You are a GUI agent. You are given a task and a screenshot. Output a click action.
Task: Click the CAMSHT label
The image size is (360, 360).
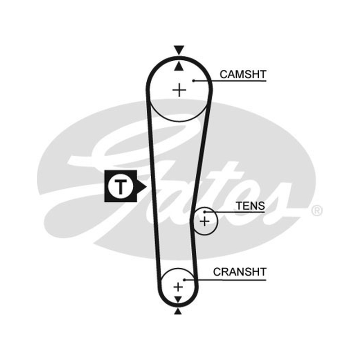[243, 74]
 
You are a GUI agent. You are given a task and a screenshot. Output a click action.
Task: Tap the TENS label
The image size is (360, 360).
[251, 206]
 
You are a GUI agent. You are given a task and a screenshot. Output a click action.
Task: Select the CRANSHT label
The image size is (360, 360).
[240, 272]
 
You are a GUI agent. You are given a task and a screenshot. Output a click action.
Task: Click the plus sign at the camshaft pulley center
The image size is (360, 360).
[179, 90]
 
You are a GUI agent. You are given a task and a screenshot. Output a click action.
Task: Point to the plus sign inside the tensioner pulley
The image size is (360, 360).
[205, 221]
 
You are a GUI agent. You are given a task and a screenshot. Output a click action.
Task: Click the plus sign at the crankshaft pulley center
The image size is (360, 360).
[178, 287]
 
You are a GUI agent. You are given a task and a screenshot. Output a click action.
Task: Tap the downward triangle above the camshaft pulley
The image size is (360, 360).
[179, 50]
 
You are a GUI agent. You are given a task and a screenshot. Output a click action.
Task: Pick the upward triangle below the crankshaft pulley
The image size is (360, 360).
[178, 311]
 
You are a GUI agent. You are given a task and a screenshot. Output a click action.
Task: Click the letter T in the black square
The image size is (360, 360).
[121, 187]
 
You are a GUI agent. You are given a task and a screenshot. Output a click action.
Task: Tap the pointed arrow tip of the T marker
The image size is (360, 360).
[147, 186]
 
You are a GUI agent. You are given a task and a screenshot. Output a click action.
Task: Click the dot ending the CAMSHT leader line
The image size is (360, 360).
[193, 81]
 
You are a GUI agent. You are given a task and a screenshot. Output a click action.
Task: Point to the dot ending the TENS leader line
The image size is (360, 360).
[205, 212]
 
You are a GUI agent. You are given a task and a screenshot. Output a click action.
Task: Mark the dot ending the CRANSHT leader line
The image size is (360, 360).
[184, 279]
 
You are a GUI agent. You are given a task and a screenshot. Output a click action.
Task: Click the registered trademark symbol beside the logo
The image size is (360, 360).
[317, 211]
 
